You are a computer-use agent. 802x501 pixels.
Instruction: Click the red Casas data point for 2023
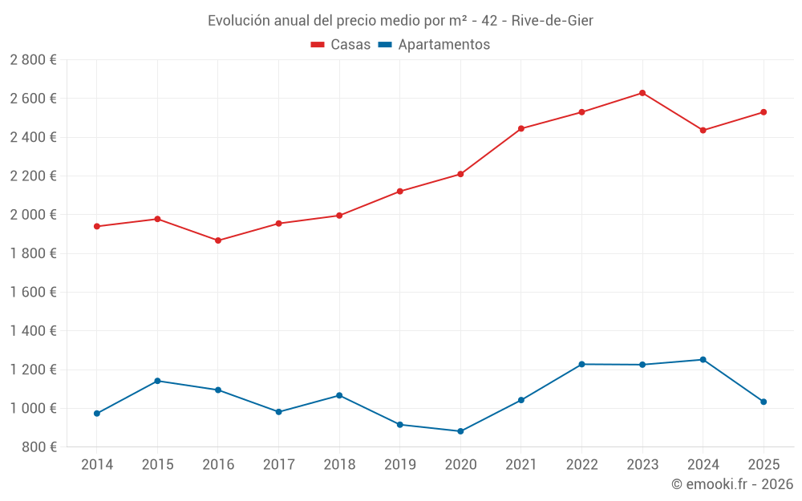(642, 93)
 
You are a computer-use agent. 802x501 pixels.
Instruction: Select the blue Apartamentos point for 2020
(460, 431)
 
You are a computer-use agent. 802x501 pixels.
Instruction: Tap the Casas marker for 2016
(218, 240)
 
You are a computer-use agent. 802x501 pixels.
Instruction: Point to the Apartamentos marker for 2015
(157, 381)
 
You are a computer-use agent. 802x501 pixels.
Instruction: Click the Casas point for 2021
(521, 128)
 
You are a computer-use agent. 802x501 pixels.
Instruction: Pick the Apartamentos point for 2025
(764, 402)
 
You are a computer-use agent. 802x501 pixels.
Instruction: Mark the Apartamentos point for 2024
(703, 360)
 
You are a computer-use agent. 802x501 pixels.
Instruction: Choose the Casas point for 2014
(97, 226)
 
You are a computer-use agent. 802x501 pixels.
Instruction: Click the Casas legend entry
(341, 45)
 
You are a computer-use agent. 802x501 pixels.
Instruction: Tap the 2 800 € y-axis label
(33, 60)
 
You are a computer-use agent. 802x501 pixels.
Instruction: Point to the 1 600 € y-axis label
(33, 293)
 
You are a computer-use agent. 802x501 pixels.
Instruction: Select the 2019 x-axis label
(399, 465)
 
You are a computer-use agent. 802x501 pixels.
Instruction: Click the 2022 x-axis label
(581, 465)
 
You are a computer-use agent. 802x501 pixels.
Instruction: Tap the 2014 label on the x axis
(97, 465)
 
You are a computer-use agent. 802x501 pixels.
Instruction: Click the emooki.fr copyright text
(732, 484)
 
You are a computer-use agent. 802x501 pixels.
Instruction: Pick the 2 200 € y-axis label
(33, 176)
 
